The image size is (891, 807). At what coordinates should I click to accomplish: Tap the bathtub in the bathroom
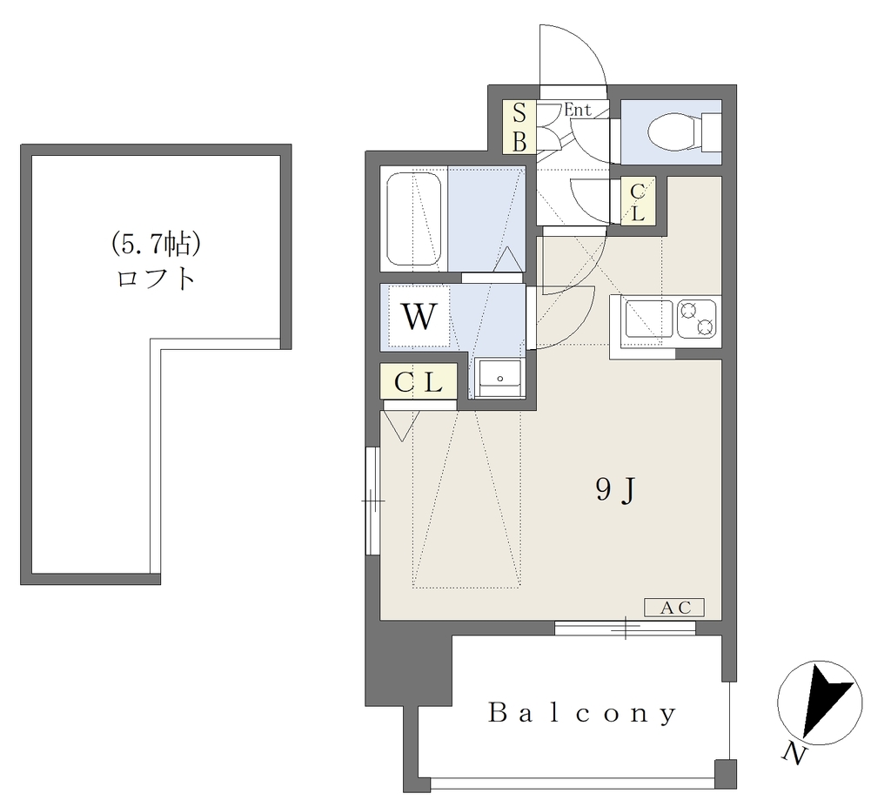coord(414,219)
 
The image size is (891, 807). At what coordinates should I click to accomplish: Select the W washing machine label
coord(419,317)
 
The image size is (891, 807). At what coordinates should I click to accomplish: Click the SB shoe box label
coord(519,127)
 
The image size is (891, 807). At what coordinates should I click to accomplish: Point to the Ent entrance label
coord(578,109)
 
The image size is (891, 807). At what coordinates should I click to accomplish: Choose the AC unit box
coord(674,608)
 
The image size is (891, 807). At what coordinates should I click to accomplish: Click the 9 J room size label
coord(615,489)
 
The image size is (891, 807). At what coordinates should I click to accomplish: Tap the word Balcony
coord(583,713)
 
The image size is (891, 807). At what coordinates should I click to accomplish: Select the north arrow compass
coord(820,703)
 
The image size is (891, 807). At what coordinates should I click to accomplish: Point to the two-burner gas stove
coord(697,319)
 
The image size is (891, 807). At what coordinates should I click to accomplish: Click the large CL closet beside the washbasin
coord(419,381)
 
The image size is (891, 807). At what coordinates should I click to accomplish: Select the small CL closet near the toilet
coord(638,201)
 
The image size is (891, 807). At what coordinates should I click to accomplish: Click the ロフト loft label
coord(157,278)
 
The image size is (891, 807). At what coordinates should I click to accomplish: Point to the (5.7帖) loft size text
coord(156,245)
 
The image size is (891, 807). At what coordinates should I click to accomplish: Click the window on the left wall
coord(372,501)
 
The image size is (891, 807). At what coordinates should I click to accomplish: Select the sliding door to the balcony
coord(625,628)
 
